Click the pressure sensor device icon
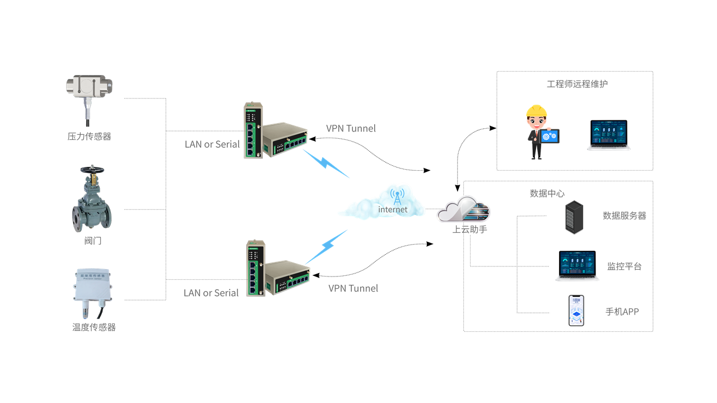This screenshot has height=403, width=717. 89,90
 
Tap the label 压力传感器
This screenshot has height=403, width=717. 90,136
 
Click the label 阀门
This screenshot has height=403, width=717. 93,241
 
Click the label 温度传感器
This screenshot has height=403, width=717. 94,327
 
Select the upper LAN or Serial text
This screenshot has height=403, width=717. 212,144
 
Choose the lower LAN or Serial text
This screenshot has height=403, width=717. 211,293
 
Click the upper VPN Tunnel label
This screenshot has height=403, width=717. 351,129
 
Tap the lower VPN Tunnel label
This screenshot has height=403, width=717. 353,288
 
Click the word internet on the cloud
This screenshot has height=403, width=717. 393,209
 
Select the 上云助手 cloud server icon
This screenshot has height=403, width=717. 464,209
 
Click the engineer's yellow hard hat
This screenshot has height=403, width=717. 536,110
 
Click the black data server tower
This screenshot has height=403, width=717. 574,217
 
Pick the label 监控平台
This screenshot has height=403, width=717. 625,266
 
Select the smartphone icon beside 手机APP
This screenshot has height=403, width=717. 576,311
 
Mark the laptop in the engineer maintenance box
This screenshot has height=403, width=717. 609,135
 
